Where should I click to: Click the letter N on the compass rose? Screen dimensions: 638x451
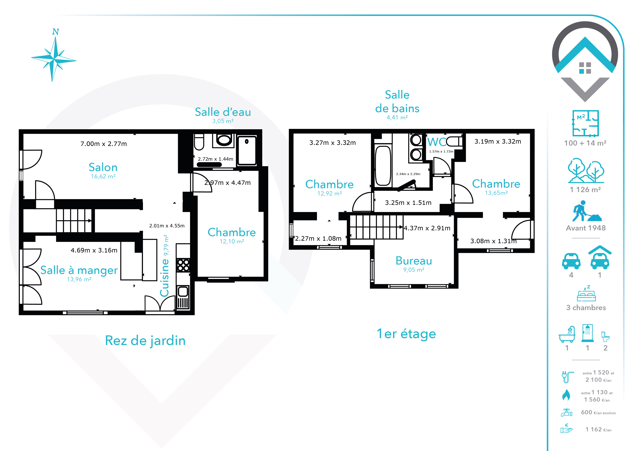point(56,32)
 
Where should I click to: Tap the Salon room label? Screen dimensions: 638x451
point(103,167)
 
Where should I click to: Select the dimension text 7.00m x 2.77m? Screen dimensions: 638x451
point(104,144)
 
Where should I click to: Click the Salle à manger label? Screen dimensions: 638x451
point(79,270)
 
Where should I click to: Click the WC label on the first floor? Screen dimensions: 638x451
point(436,142)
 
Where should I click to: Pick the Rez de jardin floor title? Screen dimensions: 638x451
point(145,341)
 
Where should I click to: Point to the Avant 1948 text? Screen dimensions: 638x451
point(586,228)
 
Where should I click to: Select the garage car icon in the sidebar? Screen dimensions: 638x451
point(600,257)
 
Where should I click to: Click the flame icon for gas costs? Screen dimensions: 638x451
point(566,395)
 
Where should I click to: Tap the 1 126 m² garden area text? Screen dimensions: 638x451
point(585,190)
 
